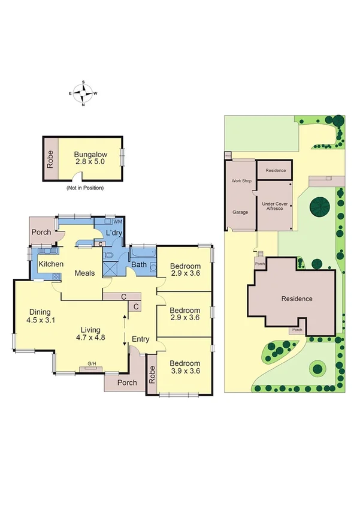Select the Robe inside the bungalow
click(50, 158)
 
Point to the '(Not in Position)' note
click(84, 188)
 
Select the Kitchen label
click(51, 264)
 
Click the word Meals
click(85, 273)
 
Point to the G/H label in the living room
click(92, 363)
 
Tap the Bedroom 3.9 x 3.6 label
click(184, 367)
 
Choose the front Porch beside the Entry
click(126, 382)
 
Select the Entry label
click(140, 340)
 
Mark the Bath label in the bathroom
click(139, 264)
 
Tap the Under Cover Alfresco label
click(274, 207)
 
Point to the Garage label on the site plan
click(240, 212)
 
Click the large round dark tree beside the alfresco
click(319, 207)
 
